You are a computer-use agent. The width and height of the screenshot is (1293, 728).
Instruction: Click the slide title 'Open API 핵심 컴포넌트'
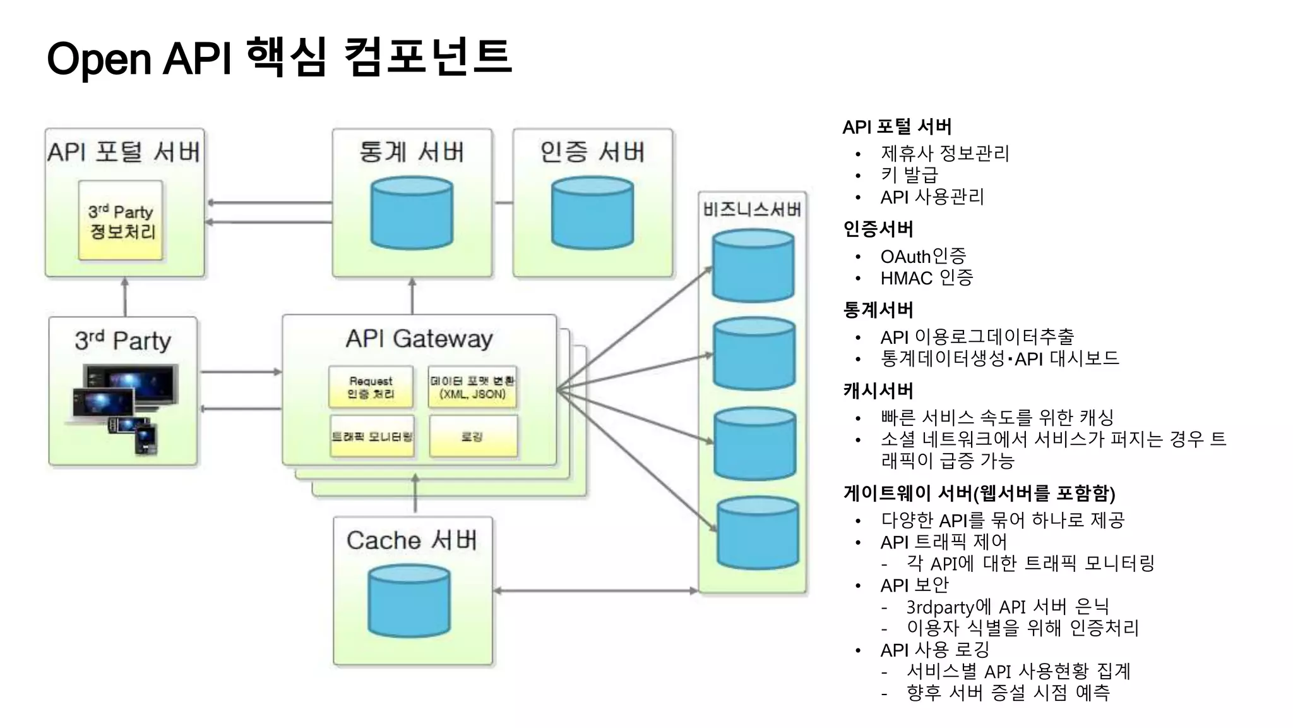point(278,58)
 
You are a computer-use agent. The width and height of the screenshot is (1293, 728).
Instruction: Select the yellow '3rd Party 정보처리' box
point(121,221)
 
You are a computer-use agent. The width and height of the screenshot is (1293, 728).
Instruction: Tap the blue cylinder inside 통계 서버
point(412,213)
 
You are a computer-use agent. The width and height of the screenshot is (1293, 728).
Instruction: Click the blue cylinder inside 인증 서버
point(592,213)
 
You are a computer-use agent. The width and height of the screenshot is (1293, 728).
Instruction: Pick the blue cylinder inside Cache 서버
point(409,600)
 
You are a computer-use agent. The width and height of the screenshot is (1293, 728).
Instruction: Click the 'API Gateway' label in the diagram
point(419,339)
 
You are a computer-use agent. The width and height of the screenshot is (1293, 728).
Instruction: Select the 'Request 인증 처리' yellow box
point(371,387)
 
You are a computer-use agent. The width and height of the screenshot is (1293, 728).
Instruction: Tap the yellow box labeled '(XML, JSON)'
point(472,387)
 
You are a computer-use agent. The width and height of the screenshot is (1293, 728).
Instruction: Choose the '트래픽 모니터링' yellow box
point(372,436)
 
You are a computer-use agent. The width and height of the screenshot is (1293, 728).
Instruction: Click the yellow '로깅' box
point(473,436)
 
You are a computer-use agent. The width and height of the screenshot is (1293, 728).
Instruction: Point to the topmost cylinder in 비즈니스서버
point(753,266)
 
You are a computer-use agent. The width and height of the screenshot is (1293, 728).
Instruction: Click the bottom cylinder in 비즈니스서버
point(758,533)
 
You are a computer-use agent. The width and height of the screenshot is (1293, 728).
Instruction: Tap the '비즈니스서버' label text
point(752,209)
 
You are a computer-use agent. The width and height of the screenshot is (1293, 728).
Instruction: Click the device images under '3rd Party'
point(123,408)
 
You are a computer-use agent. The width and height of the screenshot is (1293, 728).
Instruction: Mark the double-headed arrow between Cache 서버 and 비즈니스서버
point(595,591)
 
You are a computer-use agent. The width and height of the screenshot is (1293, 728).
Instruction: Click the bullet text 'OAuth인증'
point(923,256)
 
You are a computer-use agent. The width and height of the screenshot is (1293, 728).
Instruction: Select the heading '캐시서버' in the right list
point(878,391)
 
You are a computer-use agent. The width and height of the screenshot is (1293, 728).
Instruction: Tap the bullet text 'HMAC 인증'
point(926,277)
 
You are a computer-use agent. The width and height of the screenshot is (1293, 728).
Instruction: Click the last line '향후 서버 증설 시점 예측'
point(1008,693)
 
